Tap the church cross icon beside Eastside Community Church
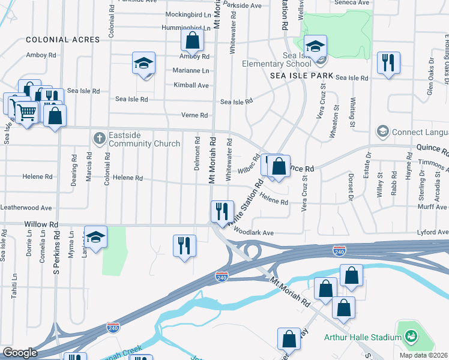click(x=100, y=139)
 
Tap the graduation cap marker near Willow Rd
click(x=95, y=237)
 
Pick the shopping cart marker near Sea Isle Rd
click(x=26, y=112)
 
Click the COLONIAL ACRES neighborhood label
click(x=63, y=40)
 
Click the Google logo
click(x=19, y=353)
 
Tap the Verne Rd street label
click(x=194, y=115)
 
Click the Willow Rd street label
click(x=41, y=224)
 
